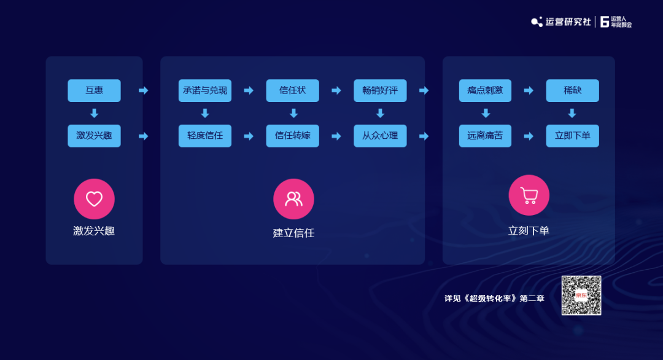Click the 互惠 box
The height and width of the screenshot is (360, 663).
pos(94,90)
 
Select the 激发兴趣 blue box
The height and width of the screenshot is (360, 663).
pos(94,136)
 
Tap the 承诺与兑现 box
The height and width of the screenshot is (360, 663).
pos(205,90)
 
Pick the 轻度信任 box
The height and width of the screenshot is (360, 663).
pos(205,136)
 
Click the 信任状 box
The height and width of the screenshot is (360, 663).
pos(292,90)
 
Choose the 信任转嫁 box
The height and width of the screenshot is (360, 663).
pos(292,136)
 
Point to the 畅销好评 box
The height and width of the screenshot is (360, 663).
pos(380,90)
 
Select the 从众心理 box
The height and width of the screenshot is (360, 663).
pos(380,136)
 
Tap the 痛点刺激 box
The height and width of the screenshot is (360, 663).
pos(485,90)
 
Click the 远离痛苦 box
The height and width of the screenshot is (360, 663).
pos(485,136)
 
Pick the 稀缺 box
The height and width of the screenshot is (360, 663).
pos(572,90)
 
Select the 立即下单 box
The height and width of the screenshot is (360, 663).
pos(572,136)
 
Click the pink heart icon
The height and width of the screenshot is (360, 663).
pos(94,199)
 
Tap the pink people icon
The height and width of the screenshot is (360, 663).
pos(293,199)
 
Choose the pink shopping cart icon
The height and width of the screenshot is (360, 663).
pos(529,195)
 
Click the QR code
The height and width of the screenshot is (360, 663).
pos(581,295)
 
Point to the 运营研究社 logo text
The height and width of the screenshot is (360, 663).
pos(568,22)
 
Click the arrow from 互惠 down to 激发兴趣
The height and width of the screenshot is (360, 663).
pos(94,113)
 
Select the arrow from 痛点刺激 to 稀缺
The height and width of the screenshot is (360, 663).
pos(529,90)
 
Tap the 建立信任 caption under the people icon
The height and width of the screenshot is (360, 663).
pos(293,233)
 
